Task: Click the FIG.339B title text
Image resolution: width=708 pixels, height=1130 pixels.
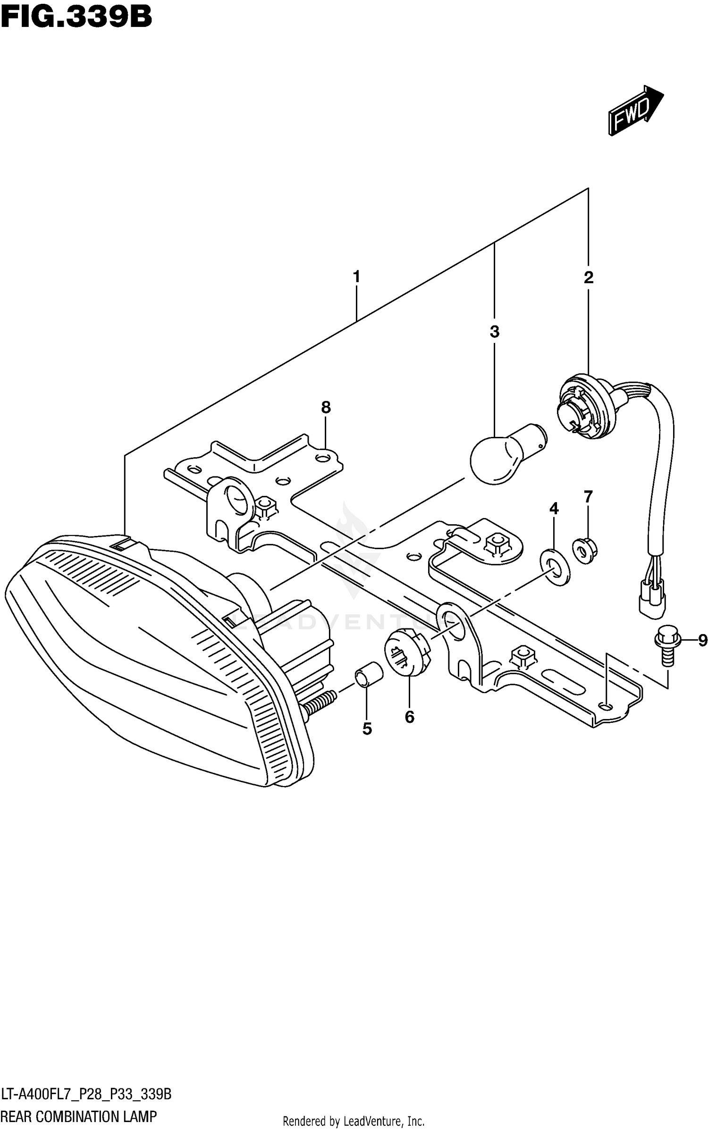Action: click(76, 18)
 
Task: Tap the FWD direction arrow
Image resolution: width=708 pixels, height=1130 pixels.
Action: click(635, 110)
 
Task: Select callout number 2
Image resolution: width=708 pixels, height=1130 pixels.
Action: click(588, 277)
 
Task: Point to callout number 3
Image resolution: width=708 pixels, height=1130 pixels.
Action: click(494, 332)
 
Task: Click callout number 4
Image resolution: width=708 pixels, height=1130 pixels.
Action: click(554, 508)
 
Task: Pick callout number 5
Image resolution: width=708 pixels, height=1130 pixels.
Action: click(367, 729)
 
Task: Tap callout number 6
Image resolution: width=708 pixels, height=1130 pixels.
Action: click(409, 717)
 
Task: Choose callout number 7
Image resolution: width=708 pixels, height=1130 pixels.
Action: click(588, 497)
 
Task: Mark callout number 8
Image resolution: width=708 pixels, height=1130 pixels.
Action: click(326, 407)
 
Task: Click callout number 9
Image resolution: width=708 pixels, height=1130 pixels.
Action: click(702, 640)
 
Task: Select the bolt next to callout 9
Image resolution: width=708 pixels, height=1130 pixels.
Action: click(666, 645)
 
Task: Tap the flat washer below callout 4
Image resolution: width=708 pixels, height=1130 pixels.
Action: click(555, 566)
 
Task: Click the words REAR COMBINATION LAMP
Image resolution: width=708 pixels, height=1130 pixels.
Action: click(79, 1116)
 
